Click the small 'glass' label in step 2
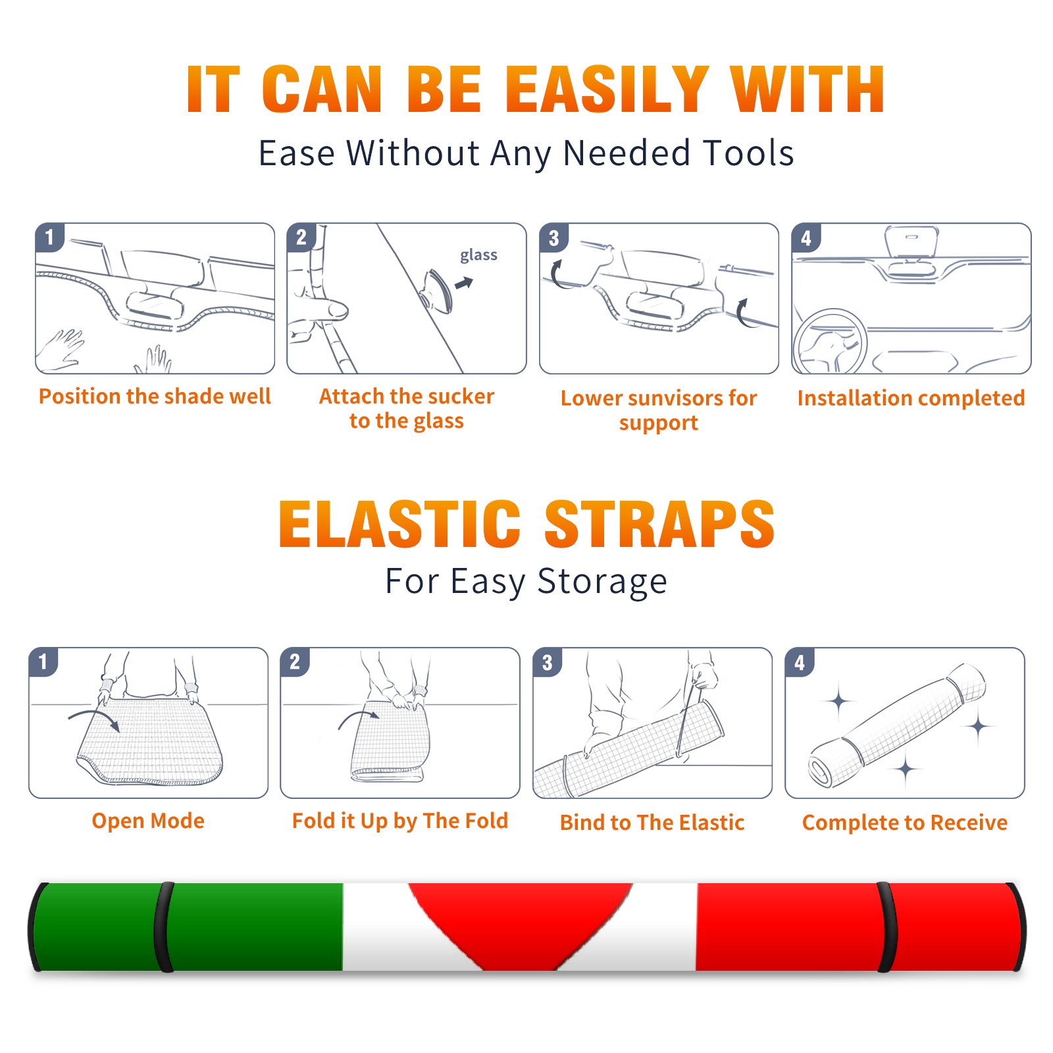coord(478,255)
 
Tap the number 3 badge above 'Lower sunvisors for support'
coord(553,238)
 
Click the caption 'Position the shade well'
coord(155,396)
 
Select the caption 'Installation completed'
coord(911,398)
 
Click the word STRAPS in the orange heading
coord(659,524)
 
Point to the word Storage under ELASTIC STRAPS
coord(602,582)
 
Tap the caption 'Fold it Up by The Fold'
coord(400,821)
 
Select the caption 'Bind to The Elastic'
coord(652,823)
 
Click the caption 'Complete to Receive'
coord(905,823)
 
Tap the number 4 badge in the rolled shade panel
coord(800,662)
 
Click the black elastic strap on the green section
coord(163,927)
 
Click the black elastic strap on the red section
coord(887,927)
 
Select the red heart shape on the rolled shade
coord(520,921)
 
